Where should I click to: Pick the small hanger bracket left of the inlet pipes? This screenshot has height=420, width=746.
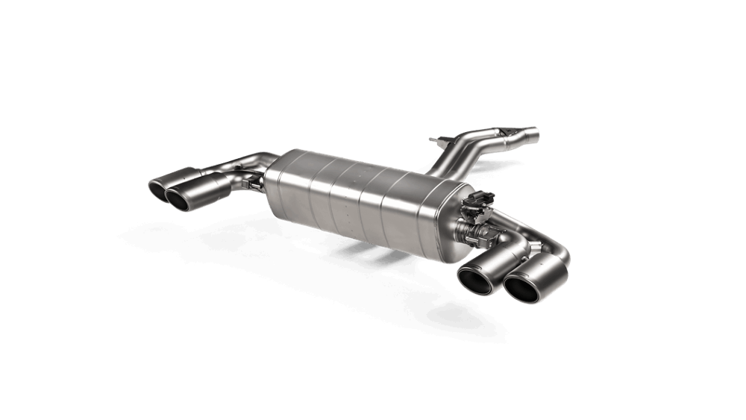(x=439, y=140)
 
